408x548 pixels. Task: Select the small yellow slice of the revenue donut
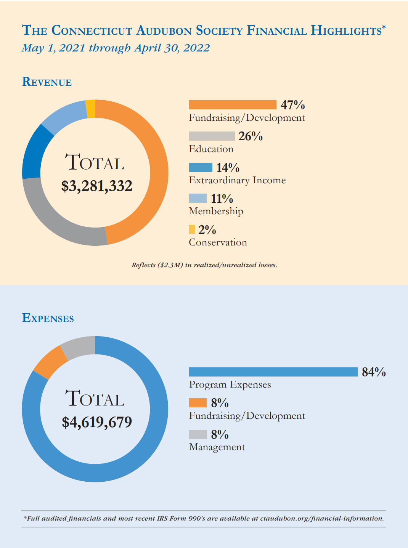pos(91,109)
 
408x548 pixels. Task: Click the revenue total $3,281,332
pos(97,186)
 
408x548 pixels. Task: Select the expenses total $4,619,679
pos(97,422)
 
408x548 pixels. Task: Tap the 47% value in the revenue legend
pos(293,105)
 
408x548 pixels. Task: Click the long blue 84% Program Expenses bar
pos(273,372)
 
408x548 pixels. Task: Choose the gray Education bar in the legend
pos(212,136)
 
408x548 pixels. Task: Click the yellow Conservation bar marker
pos(192,229)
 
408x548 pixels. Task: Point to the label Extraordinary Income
pos(237,180)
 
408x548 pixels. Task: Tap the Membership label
pos(216,211)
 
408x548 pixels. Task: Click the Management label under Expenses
pos(217,447)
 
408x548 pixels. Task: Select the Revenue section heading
pos(47,82)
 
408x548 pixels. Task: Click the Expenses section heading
pos(48,318)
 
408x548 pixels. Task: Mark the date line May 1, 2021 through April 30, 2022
pos(116,48)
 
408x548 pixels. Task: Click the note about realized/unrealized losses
pos(204,265)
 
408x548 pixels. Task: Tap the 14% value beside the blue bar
pos(228,168)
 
